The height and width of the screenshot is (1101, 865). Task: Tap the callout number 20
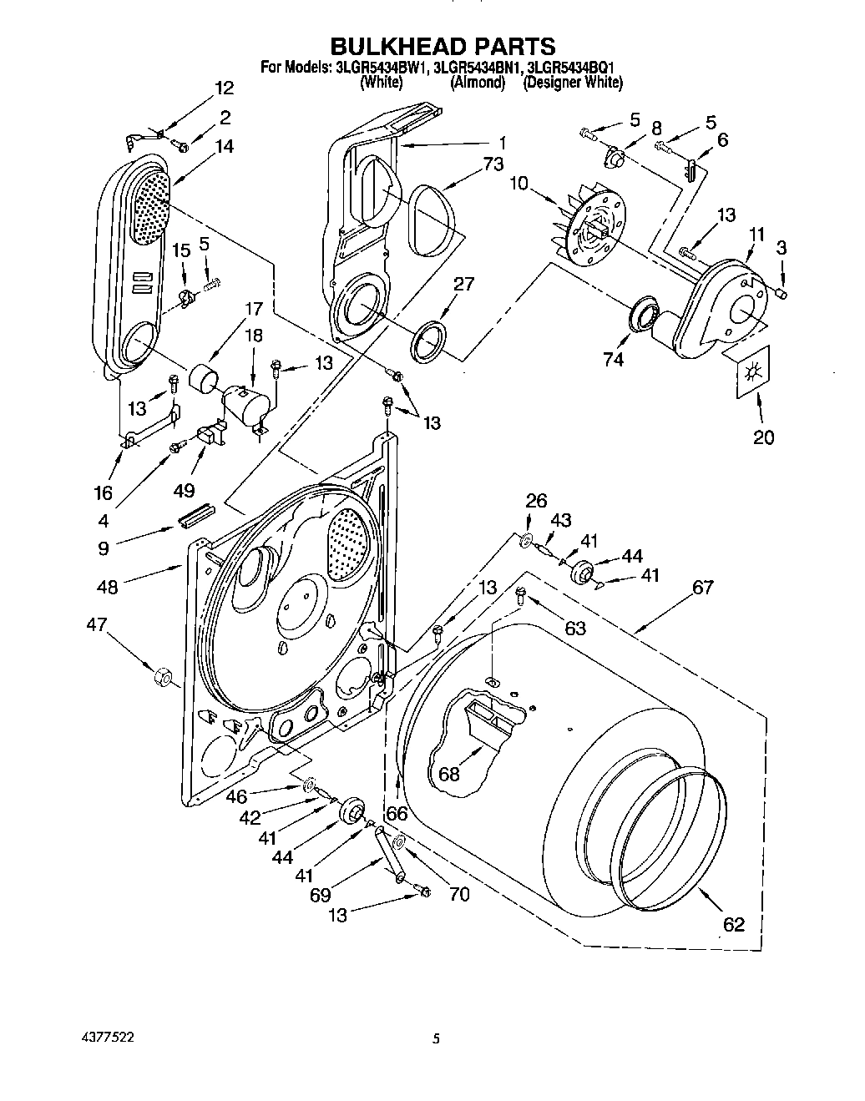click(763, 437)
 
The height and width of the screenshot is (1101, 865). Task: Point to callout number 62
click(733, 924)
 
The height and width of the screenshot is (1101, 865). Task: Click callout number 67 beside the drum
click(703, 588)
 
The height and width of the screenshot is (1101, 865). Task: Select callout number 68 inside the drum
click(449, 774)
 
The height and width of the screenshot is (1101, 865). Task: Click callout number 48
click(107, 587)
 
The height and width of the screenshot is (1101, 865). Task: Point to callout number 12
click(224, 88)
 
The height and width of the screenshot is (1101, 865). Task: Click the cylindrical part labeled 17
click(204, 378)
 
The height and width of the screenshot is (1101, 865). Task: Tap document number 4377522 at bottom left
click(104, 1038)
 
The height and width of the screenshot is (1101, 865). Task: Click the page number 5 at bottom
click(436, 1040)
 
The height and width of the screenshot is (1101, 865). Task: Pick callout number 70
click(458, 895)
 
